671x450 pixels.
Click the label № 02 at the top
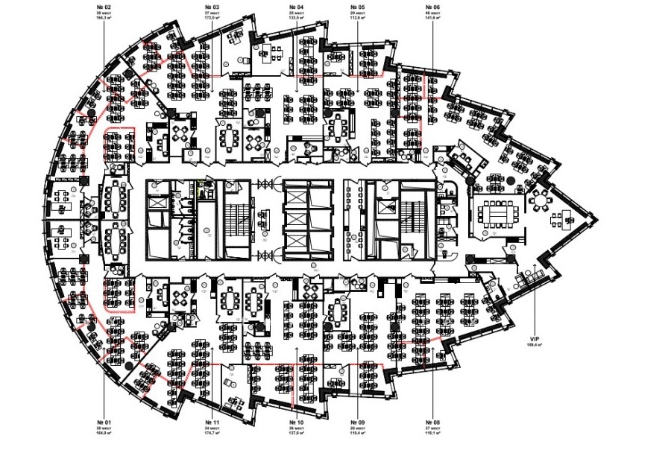[x=104, y=6]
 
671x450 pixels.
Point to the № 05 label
[x=356, y=6]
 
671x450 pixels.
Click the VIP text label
[x=534, y=337]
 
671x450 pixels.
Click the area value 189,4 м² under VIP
[x=534, y=344]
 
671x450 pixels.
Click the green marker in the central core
[x=200, y=188]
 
